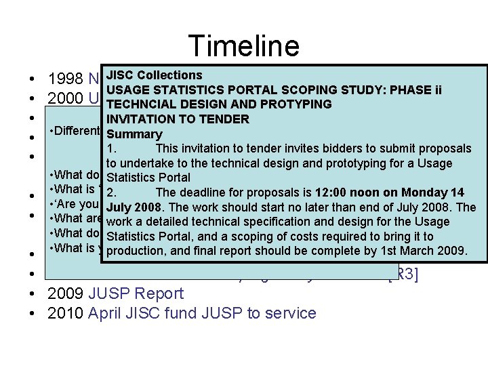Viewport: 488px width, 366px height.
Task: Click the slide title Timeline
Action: pos(244,45)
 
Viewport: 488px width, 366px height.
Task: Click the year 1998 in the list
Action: pos(65,78)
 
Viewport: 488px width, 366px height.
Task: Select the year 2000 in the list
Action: pos(65,98)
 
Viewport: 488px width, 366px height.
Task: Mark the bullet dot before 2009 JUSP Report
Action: pos(33,294)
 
